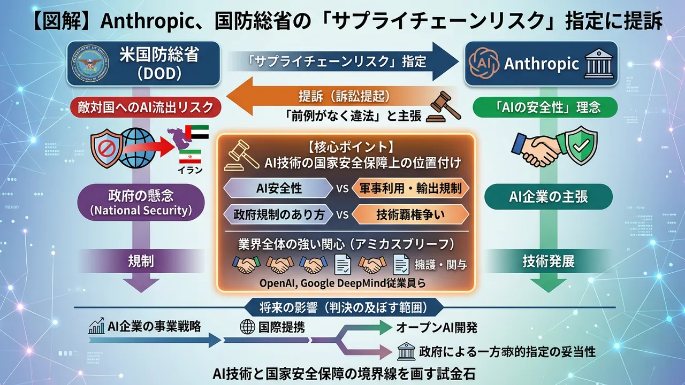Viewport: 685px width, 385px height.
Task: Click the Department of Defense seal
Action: click(89, 65)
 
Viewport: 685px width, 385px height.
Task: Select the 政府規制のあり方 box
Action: click(279, 214)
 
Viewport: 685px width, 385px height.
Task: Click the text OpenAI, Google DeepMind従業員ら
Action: click(342, 283)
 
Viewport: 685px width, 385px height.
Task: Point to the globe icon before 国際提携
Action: click(247, 326)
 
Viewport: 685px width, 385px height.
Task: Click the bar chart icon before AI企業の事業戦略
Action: click(96, 326)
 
